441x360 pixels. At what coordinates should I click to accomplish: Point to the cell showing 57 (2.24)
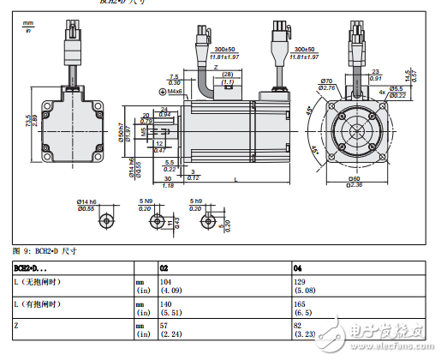pyautogui.click(x=171, y=330)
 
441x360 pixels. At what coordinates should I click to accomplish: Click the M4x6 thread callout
pyautogui.click(x=174, y=91)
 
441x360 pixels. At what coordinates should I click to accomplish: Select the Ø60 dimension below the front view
pyautogui.click(x=355, y=179)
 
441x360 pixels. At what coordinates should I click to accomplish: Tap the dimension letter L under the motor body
pyautogui.click(x=235, y=179)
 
